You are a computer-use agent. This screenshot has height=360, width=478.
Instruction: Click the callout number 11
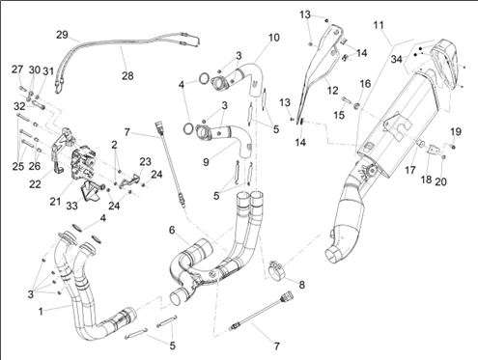[x=379, y=25]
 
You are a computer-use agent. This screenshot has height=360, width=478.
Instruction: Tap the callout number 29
[x=62, y=35]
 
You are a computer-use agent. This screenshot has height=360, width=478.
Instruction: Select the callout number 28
[x=127, y=76]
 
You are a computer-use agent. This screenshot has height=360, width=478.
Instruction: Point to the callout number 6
[x=172, y=230]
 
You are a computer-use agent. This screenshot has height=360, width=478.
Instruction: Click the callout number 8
[x=301, y=285]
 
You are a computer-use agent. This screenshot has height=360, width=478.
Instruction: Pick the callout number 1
[x=41, y=312]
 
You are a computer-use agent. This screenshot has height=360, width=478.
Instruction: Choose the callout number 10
[x=274, y=38]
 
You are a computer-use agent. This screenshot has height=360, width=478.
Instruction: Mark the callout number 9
[x=206, y=162]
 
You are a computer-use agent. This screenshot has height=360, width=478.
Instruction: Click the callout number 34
[x=397, y=59]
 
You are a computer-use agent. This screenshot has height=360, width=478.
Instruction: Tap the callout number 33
[x=71, y=206]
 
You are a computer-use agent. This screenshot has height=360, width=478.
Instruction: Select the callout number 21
[x=55, y=202]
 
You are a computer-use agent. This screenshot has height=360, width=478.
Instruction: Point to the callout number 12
[x=332, y=91]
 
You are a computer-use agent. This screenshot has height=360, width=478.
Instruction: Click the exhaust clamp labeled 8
[x=275, y=271]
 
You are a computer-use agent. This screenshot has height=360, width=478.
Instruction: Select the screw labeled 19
[x=452, y=147]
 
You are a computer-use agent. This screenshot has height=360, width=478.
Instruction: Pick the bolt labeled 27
[x=22, y=88]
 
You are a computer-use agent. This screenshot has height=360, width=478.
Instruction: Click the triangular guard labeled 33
[x=90, y=191]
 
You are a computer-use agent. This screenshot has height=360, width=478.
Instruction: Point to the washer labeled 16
[x=357, y=105]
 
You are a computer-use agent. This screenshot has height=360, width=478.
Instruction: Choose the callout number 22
[x=35, y=184]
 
